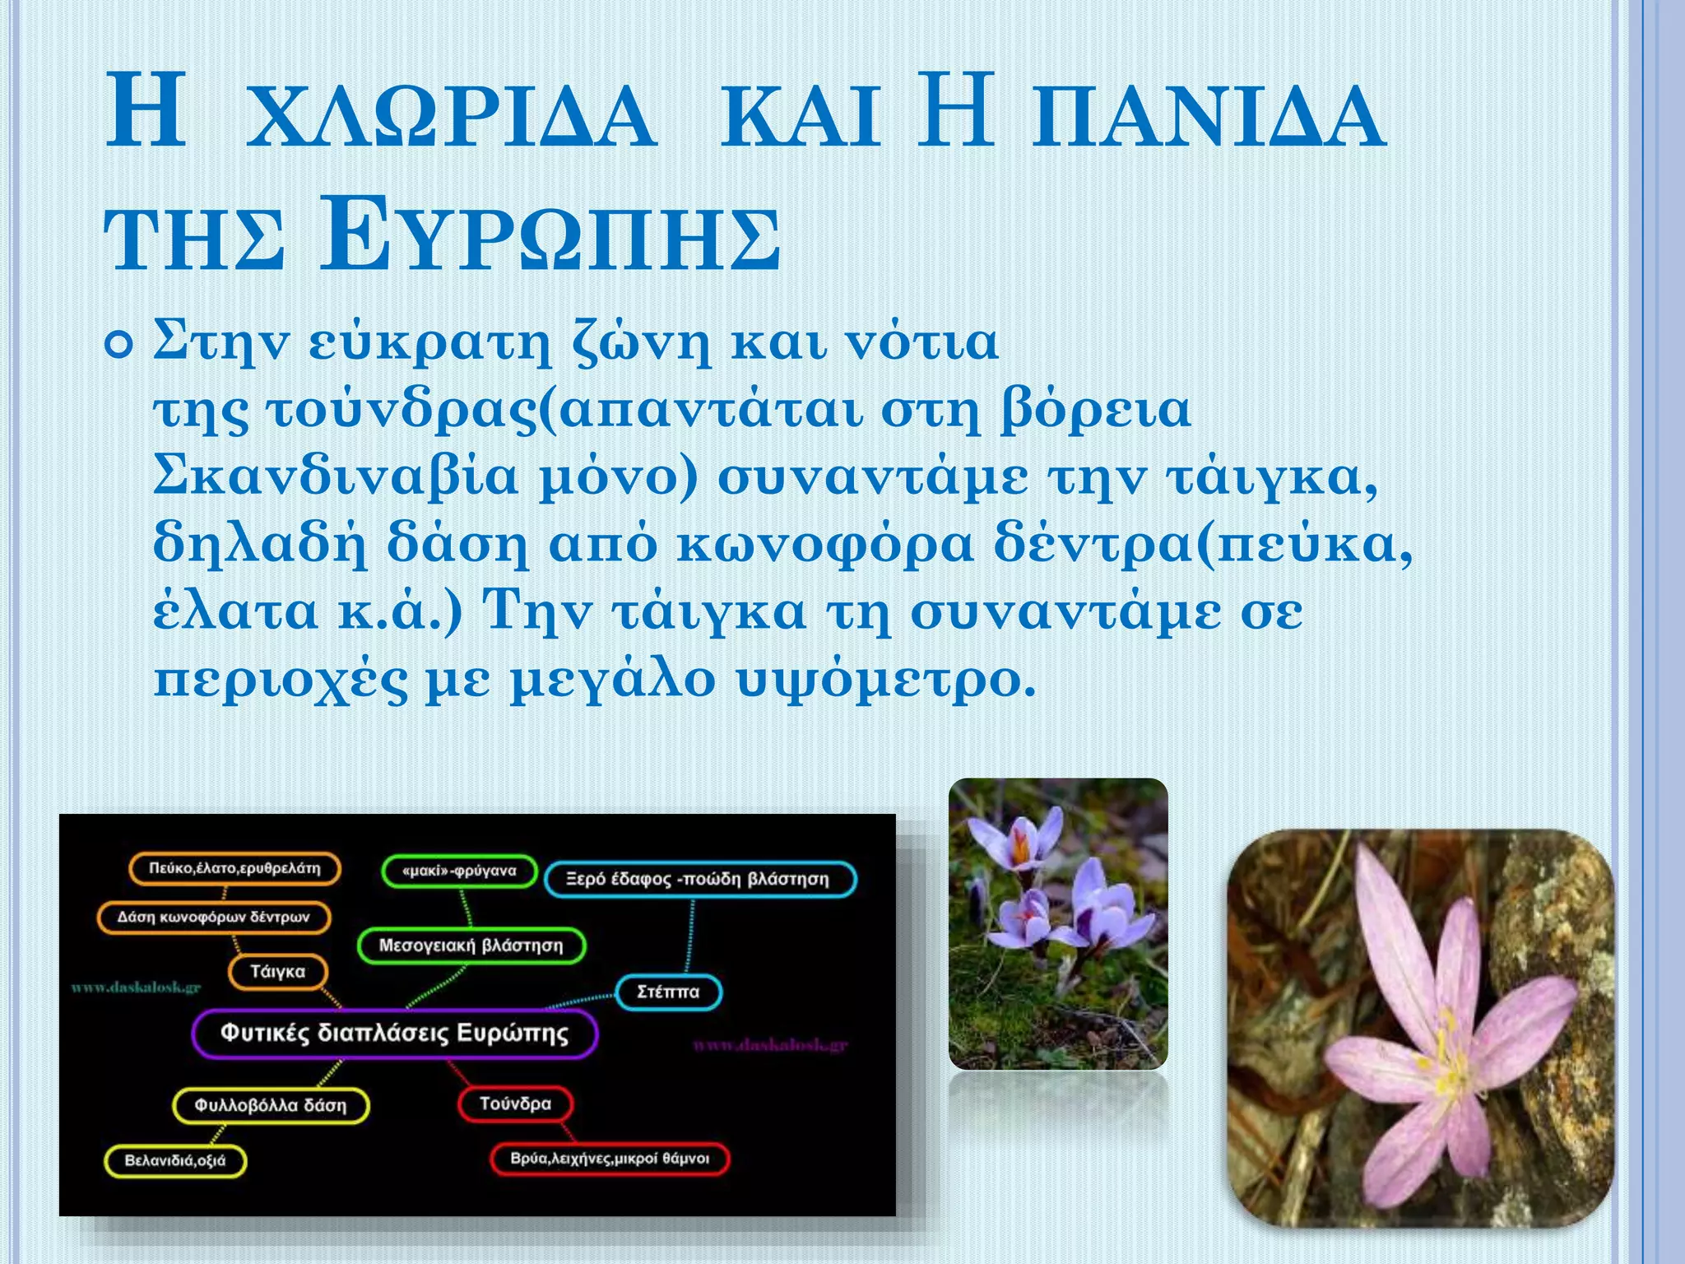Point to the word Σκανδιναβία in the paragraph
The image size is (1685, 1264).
[x=336, y=477]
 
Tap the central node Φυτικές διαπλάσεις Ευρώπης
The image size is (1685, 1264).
[x=394, y=1034]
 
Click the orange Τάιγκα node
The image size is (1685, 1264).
[x=277, y=972]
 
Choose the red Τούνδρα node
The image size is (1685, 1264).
[x=515, y=1104]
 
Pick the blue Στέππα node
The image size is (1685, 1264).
[x=668, y=992]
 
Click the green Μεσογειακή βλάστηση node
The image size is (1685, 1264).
[x=471, y=946]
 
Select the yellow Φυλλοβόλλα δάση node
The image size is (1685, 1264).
[x=271, y=1105]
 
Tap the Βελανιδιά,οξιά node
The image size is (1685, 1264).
[x=174, y=1160]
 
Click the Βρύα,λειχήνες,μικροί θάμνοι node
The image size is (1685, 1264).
[x=610, y=1159]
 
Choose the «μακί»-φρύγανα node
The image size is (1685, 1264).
[x=459, y=871]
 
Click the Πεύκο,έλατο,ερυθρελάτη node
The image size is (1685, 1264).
[x=234, y=869]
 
